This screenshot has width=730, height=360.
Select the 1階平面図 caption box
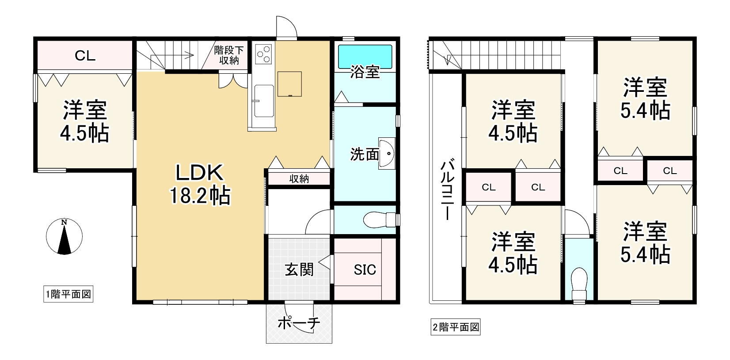tap(68, 294)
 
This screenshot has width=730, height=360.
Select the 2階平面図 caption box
tap(456, 327)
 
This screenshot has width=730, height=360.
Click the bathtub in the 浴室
tap(365, 57)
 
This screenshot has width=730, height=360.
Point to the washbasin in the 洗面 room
tap(387, 154)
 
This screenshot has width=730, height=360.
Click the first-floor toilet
tap(379, 219)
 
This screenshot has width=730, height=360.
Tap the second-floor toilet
tap(578, 281)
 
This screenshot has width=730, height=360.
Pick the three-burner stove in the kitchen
tap(264, 53)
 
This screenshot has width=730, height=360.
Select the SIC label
tap(365, 269)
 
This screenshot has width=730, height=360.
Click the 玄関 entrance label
tap(299, 269)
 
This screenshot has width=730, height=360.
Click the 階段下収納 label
tap(229, 55)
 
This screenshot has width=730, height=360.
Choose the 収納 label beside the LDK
tap(299, 179)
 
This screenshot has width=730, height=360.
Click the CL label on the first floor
tap(85, 56)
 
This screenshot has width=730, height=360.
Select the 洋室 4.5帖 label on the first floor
tap(84, 121)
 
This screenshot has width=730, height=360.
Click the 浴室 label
tap(365, 72)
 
